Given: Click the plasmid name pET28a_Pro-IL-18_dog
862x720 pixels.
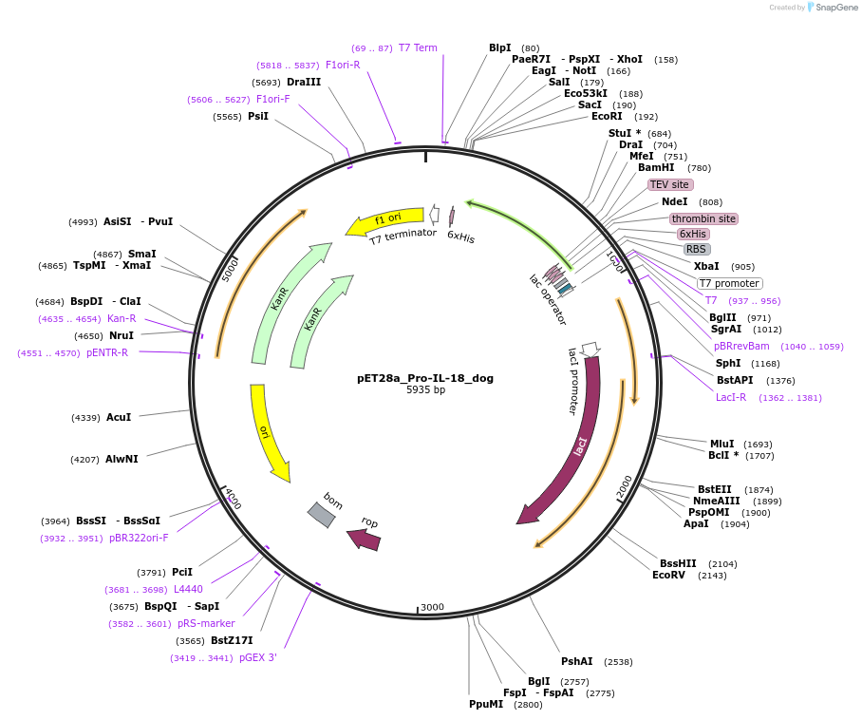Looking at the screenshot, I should (425, 378).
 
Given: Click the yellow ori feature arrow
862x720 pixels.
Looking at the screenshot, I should (270, 432).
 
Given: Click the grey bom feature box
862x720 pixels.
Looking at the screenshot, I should (321, 514).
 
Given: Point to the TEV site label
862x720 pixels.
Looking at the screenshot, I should (670, 184).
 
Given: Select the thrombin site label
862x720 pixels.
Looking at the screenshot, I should (703, 218).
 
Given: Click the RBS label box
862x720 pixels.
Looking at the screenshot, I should (697, 249).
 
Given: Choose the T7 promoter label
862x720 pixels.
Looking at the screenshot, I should (729, 283).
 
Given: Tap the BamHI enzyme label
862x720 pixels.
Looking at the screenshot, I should (656, 168).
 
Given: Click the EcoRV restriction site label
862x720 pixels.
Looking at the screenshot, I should (668, 575).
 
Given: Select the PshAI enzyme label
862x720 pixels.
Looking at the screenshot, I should (576, 661).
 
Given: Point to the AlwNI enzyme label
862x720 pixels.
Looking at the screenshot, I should (122, 459).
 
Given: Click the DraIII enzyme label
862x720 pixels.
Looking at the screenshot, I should (304, 83).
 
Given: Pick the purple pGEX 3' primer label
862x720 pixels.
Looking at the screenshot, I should (257, 657).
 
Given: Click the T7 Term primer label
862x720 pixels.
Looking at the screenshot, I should (418, 47).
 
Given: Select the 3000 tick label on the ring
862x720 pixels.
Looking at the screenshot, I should (432, 607).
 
